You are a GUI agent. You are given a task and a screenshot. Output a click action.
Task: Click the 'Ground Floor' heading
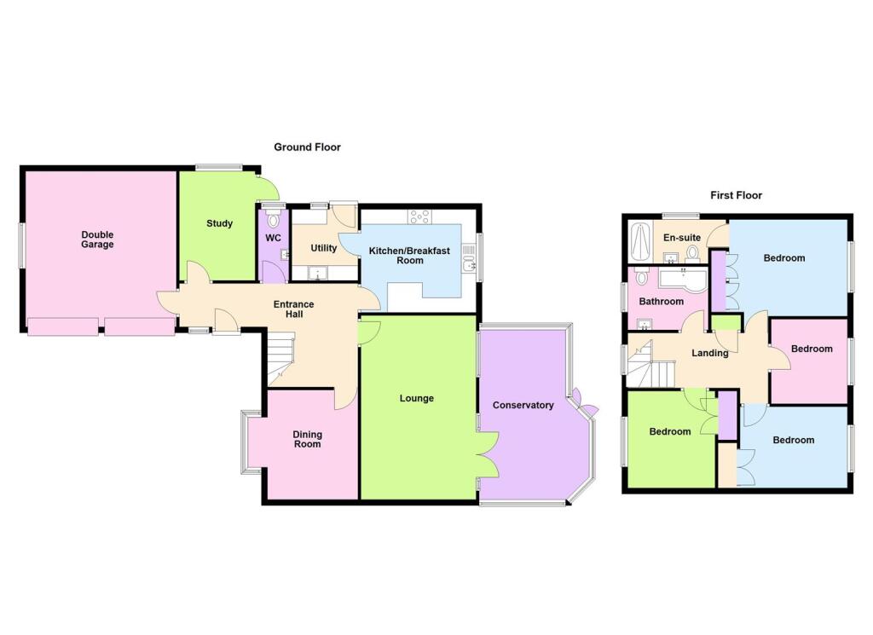[x=307, y=147]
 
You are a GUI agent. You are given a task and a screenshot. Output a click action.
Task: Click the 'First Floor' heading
[x=736, y=195]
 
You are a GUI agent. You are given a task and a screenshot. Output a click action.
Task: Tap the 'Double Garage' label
[x=97, y=240]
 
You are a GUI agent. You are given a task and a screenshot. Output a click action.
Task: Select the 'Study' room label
[x=219, y=224]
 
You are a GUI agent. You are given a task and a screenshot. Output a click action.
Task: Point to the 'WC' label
[x=273, y=238]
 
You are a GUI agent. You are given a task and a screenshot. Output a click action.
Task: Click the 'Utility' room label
[x=324, y=248]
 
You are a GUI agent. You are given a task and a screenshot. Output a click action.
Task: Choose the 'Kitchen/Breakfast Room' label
[x=409, y=256]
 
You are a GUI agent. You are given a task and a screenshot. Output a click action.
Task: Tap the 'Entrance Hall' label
[x=293, y=309]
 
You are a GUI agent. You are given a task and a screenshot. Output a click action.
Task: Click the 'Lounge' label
[x=417, y=398]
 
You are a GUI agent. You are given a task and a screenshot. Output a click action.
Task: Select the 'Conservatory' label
[x=523, y=405]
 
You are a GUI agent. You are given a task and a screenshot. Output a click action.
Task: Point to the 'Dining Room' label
[x=307, y=439]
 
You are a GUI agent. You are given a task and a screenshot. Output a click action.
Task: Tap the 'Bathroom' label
[x=662, y=302]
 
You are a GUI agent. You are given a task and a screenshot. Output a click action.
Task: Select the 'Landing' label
[x=709, y=353]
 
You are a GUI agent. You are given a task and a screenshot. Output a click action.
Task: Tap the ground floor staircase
[x=277, y=358]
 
